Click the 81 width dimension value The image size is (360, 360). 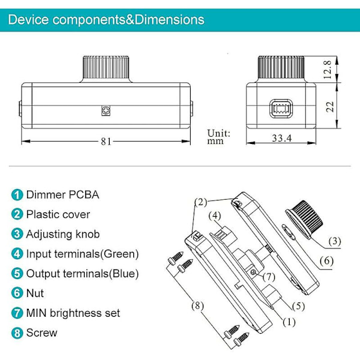[x=106, y=142]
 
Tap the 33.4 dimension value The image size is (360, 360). [x=282, y=138]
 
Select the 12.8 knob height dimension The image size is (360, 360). [x=328, y=70]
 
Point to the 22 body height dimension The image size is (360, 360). [x=330, y=106]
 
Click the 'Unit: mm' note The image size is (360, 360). [x=218, y=137]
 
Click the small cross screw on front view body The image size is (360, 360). [x=106, y=111]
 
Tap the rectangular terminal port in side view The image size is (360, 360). [x=281, y=109]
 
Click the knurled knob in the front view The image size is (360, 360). [x=106, y=69]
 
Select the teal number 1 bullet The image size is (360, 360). [x=17, y=195]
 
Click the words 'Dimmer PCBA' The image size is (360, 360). [x=62, y=194]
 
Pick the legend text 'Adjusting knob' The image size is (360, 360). [x=63, y=234]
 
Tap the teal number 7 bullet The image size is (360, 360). [x=17, y=313]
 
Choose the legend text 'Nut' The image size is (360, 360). [x=35, y=293]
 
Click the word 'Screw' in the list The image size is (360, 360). [x=41, y=332]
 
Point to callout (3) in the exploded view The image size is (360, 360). [x=335, y=241]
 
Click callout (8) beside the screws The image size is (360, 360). [x=197, y=305]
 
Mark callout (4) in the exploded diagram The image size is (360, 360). [x=215, y=215]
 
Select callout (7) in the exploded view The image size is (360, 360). [x=269, y=277]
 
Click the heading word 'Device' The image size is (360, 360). [x=28, y=20]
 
